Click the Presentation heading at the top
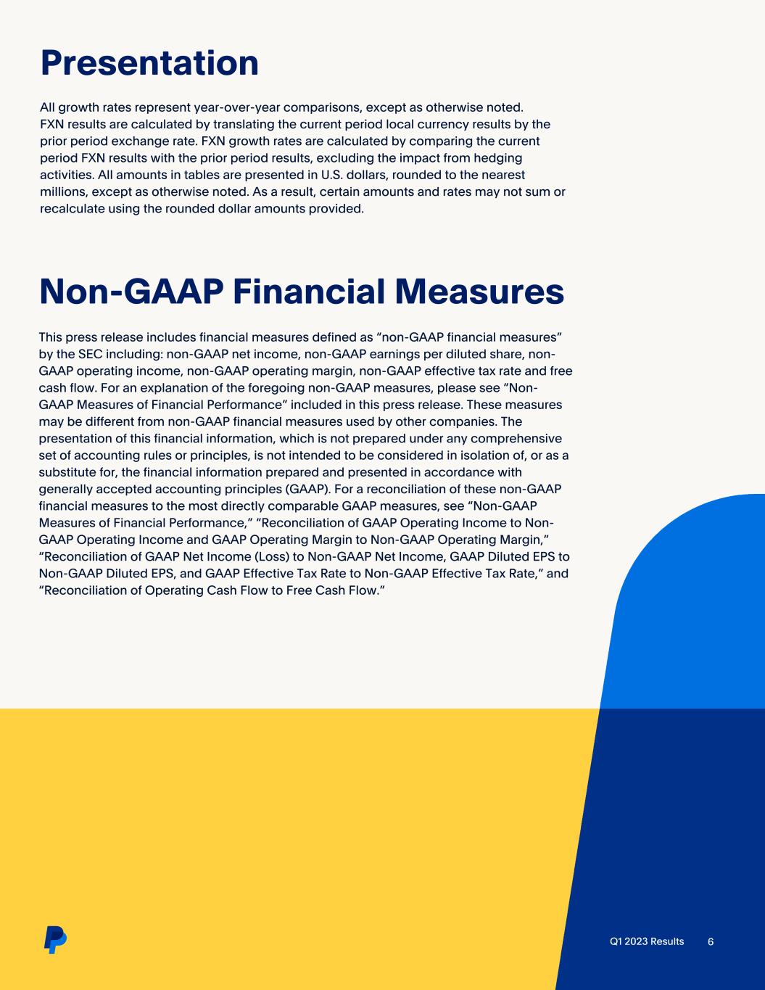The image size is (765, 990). tap(149, 62)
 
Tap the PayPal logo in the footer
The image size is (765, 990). tap(54, 939)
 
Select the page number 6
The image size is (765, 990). tap(711, 941)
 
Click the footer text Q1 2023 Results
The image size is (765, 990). tap(647, 941)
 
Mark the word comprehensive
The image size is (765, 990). tap(511, 438)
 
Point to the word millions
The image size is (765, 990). tap(64, 191)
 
